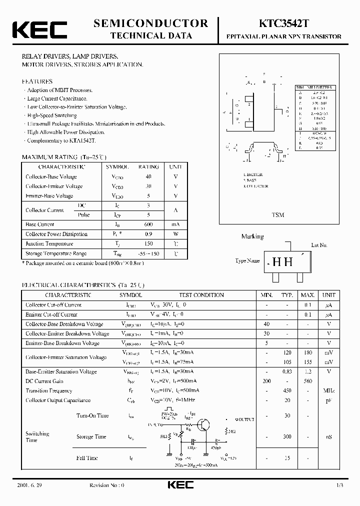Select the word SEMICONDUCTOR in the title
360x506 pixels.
point(150,23)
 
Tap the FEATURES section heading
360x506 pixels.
point(37,81)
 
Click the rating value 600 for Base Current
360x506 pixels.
point(148,224)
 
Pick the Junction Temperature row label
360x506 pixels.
point(49,243)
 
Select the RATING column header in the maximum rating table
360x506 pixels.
point(148,166)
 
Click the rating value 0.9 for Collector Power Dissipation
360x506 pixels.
point(148,234)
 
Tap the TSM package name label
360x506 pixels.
point(278,214)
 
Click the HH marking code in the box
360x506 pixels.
point(282,261)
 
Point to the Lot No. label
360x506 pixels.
point(319,245)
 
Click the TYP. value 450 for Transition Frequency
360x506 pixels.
point(287,390)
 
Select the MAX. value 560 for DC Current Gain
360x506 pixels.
point(308,381)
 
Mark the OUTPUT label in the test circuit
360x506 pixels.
point(245,419)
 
